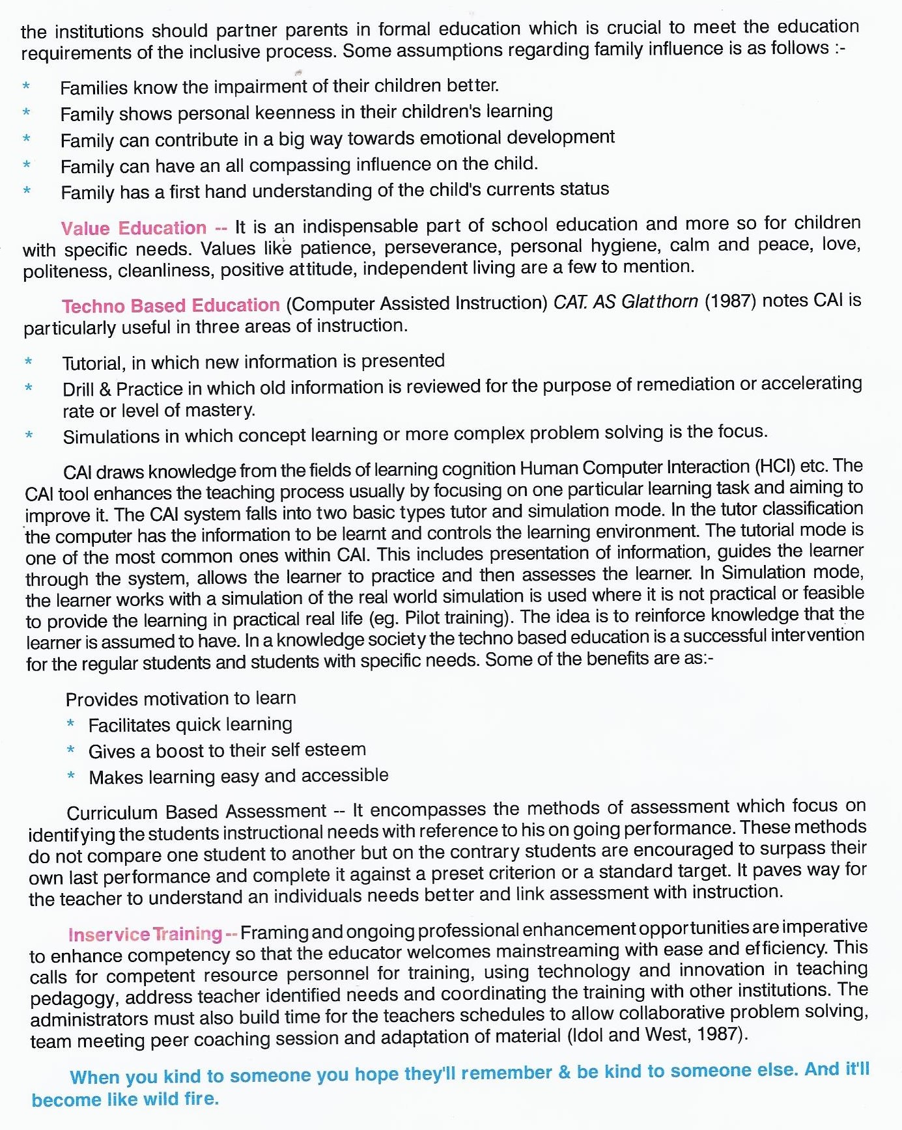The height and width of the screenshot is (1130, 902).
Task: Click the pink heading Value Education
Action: click(134, 228)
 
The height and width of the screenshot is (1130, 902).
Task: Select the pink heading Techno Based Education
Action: click(171, 305)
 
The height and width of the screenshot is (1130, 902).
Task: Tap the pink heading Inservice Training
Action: click(145, 934)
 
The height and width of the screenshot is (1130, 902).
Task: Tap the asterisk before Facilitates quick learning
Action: click(71, 724)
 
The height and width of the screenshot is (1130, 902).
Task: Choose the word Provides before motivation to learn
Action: click(102, 699)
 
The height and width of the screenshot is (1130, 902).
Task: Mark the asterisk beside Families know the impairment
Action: click(26, 86)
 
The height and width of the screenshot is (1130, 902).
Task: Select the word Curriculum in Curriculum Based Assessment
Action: click(112, 813)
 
